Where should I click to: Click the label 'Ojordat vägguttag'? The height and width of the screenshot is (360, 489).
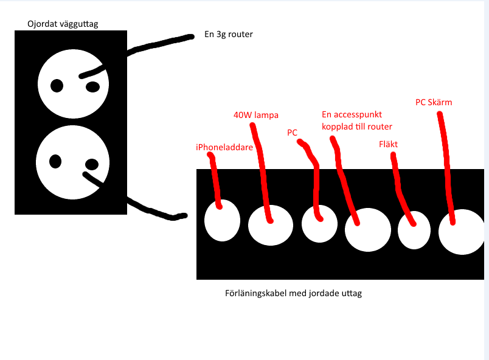[63, 24]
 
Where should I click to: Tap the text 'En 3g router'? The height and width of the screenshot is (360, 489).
[228, 35]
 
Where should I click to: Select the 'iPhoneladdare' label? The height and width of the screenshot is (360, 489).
[224, 147]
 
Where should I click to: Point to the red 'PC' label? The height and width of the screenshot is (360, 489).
[292, 132]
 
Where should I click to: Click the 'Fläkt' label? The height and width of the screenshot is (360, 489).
[387, 145]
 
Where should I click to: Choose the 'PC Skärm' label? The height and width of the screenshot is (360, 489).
[434, 102]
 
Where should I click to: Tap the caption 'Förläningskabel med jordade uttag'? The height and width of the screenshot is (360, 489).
[293, 293]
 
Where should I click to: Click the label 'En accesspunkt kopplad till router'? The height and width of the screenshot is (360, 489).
[356, 120]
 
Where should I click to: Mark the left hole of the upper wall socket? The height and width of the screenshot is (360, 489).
[57, 86]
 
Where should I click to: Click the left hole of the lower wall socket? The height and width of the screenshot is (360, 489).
[55, 162]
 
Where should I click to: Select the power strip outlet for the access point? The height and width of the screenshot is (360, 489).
[367, 230]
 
